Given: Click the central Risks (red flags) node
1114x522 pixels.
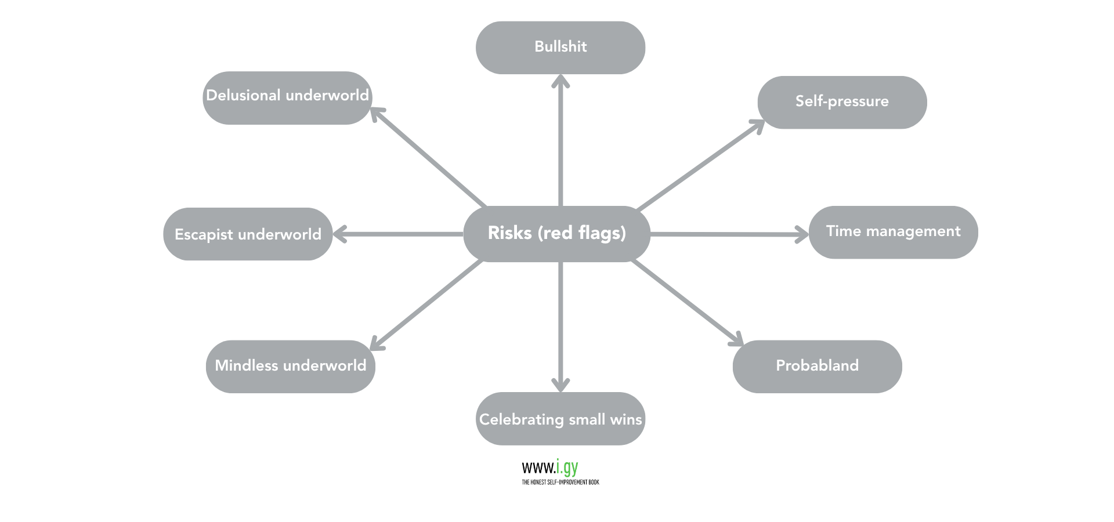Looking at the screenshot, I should click(x=556, y=233).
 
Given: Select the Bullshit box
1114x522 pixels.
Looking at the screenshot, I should click(x=560, y=48).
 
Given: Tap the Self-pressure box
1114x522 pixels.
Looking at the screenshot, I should click(x=842, y=102).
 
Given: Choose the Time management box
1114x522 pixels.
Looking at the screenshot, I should click(x=893, y=232).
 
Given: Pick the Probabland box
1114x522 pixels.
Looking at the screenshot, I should click(x=817, y=366).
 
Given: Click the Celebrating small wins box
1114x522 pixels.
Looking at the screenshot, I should click(x=560, y=419).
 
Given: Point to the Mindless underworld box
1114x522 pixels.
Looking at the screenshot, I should click(x=290, y=366).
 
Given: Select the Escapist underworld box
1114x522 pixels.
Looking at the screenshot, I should click(x=248, y=234).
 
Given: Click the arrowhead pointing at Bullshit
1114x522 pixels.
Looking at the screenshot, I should click(x=560, y=81).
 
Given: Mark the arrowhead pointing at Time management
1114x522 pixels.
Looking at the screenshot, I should click(x=802, y=235).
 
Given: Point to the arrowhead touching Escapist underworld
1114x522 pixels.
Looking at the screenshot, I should click(x=340, y=234).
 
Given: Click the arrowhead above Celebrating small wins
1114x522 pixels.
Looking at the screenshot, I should click(x=560, y=385).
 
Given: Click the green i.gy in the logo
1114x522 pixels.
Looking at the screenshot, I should click(x=567, y=467).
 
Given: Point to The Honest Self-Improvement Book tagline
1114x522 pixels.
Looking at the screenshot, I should click(x=560, y=482).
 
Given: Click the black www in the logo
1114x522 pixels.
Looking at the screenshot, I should click(x=538, y=468).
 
